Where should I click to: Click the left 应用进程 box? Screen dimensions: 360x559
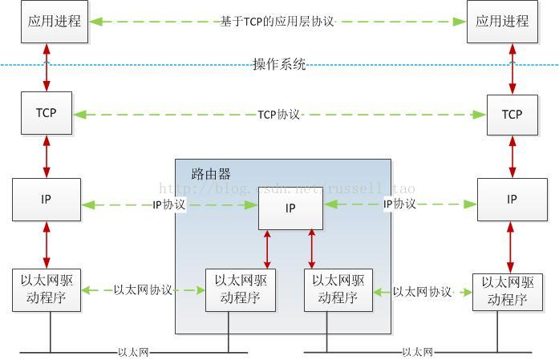(x=55, y=22)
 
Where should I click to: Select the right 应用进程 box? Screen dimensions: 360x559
(x=503, y=22)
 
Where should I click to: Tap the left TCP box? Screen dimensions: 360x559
(x=47, y=113)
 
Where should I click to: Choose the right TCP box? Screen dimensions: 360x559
(x=512, y=115)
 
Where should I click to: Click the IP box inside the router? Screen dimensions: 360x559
(x=290, y=208)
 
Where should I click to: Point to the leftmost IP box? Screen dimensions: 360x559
(x=47, y=200)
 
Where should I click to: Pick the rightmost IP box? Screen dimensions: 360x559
(x=512, y=200)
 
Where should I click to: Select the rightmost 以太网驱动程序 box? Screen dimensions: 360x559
(x=507, y=293)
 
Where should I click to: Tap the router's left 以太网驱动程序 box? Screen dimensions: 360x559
(x=241, y=290)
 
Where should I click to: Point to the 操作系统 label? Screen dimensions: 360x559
(x=279, y=65)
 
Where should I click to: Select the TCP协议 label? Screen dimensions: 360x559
(x=278, y=115)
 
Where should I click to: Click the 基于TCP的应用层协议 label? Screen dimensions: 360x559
(x=277, y=22)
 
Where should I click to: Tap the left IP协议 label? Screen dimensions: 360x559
(x=168, y=204)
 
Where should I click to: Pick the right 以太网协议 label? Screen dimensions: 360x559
(x=423, y=292)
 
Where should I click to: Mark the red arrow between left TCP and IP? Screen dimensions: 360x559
(x=47, y=156)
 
